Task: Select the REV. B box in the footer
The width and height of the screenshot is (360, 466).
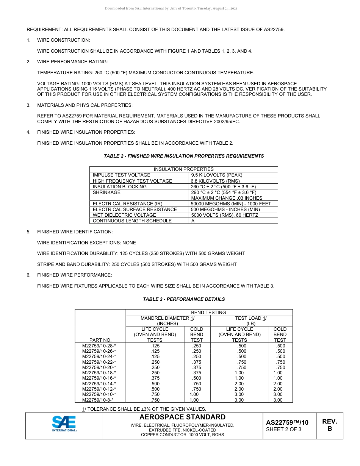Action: pos(329,425)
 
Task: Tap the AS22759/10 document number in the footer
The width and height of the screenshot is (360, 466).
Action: pos(287,422)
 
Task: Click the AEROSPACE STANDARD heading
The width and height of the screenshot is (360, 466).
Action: pos(182,417)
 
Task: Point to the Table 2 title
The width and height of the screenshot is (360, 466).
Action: pos(184,156)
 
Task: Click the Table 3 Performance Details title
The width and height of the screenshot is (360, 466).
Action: pos(184,299)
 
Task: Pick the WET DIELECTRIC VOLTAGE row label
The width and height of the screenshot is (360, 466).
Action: pos(124,215)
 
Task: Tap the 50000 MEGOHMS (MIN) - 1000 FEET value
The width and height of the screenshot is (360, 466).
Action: pos(231,204)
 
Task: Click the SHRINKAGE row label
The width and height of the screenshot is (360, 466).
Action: pos(106,192)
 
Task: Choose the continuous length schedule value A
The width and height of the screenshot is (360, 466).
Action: pos(193,221)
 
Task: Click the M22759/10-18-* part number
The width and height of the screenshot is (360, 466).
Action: pos(99,373)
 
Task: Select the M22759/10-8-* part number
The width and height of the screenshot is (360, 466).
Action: pos(98,400)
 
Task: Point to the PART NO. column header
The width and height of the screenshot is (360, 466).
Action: pos(100,340)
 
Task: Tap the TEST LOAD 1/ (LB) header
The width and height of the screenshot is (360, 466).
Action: pos(251,321)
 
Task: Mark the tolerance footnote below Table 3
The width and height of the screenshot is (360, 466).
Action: pos(144,409)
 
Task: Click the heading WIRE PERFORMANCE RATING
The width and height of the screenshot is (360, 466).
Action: pos(72,62)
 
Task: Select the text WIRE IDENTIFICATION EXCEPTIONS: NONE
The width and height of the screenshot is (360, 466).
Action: pos(86,243)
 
